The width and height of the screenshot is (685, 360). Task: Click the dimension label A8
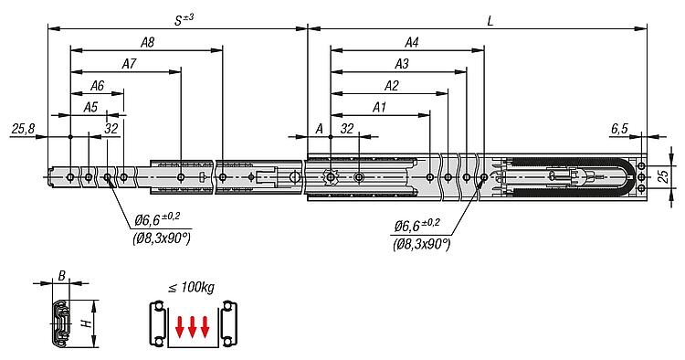(147, 42)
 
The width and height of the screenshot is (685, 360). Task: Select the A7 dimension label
(129, 64)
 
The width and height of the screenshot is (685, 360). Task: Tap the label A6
(97, 86)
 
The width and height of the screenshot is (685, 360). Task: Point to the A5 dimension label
(90, 107)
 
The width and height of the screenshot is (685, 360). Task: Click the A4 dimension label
(412, 42)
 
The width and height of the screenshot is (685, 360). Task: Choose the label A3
(402, 64)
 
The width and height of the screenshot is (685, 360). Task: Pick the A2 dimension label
(392, 86)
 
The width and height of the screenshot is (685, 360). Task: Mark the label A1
(379, 107)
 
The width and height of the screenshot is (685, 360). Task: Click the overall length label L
(490, 21)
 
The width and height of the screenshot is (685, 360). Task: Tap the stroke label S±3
(184, 20)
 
